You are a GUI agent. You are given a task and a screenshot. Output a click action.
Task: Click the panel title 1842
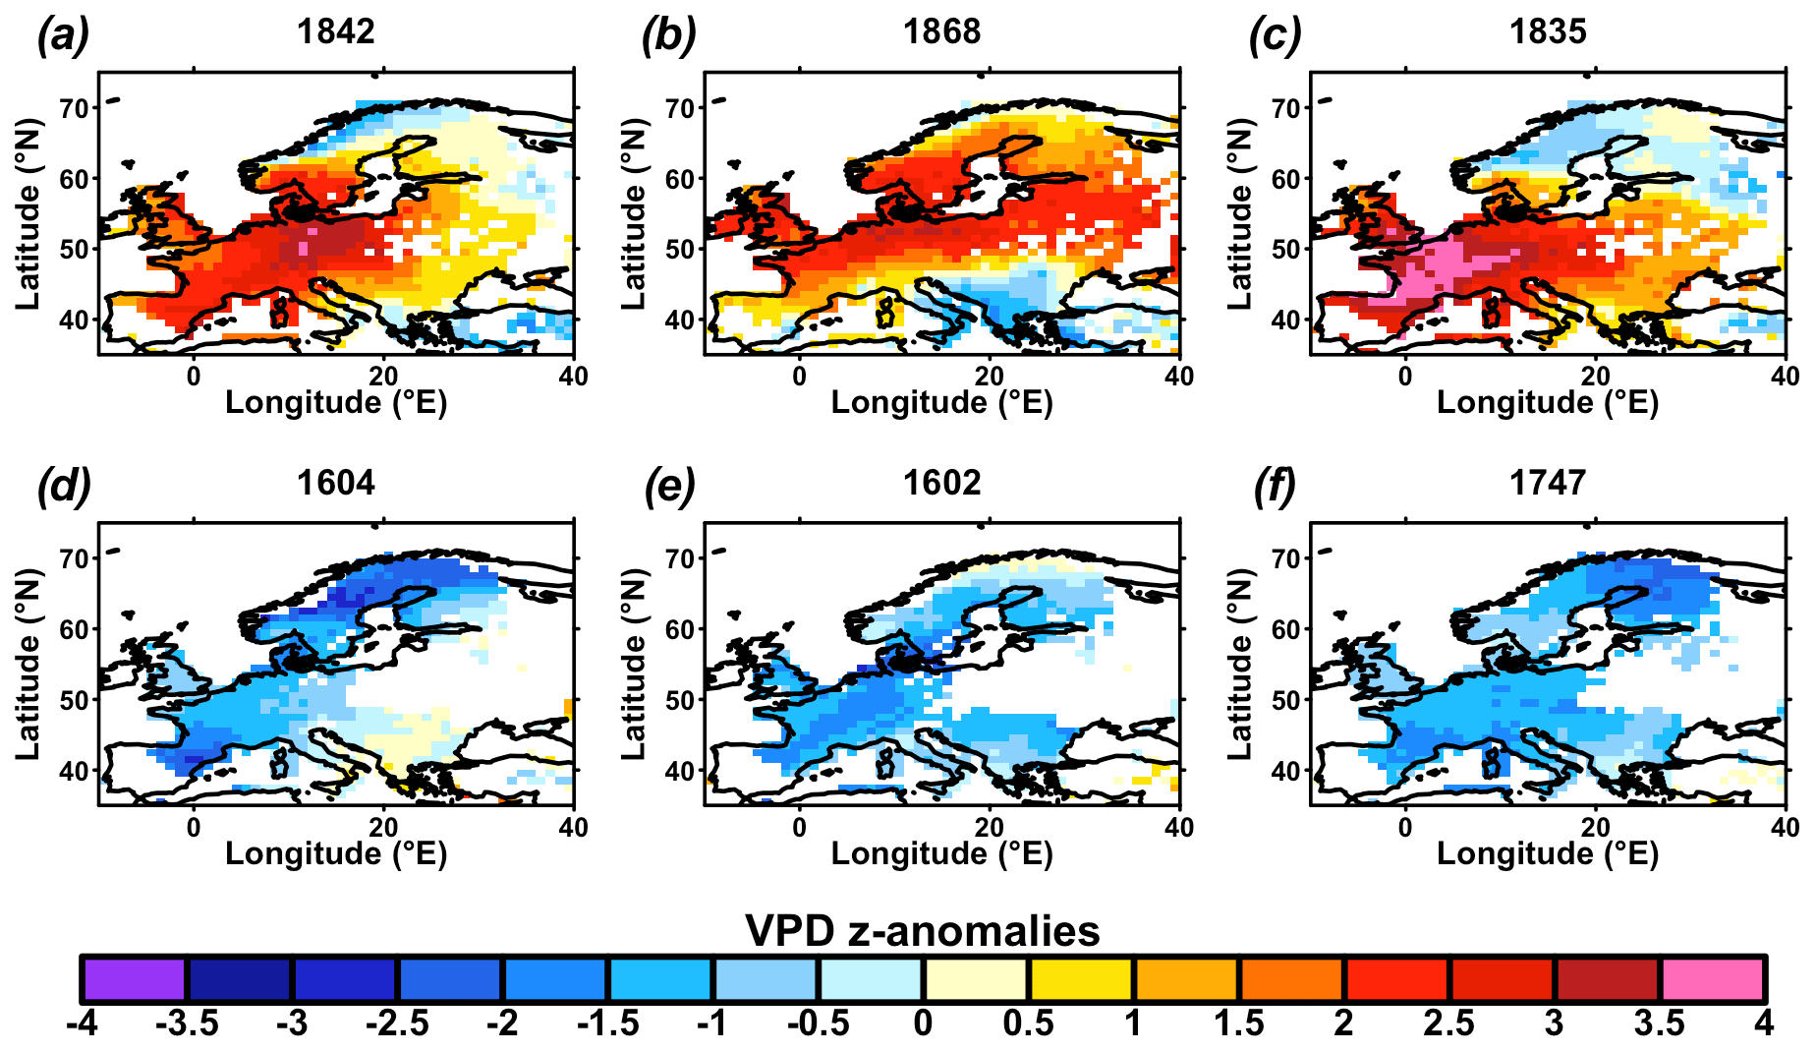[x=336, y=32]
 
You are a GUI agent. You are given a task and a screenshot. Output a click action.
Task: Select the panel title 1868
[x=941, y=32]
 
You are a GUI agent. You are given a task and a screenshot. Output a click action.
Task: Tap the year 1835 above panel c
[x=1548, y=32]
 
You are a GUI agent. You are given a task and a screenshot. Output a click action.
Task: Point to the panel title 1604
[x=336, y=483]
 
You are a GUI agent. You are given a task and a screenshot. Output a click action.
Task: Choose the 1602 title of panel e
[x=941, y=483]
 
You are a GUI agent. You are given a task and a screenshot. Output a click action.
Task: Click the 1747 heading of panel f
[x=1548, y=483]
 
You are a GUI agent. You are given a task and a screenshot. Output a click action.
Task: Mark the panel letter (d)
[x=63, y=486]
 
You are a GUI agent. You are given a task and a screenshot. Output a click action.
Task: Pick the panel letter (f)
[x=1275, y=486]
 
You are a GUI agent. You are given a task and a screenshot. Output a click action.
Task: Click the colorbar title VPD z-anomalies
[x=923, y=930]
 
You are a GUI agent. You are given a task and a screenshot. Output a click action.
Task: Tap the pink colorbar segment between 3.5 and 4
[x=1713, y=978]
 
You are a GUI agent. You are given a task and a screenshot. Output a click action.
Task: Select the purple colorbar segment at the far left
[x=135, y=978]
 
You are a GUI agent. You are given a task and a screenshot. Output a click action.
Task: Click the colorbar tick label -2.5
[x=397, y=1023]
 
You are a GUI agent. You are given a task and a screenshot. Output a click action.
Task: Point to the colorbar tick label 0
[x=923, y=1023]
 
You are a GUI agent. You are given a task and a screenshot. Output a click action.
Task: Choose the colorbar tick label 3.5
[x=1660, y=1023]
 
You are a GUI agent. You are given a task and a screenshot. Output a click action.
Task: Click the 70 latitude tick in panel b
[x=680, y=108]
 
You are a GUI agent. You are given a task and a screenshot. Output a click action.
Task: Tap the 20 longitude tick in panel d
[x=383, y=828]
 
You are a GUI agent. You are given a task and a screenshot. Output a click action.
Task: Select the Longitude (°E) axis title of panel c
[x=1548, y=403]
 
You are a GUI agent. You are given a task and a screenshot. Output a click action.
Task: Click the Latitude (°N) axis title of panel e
[x=635, y=665]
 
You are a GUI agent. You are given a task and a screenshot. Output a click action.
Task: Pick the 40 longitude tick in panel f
[x=1785, y=828]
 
